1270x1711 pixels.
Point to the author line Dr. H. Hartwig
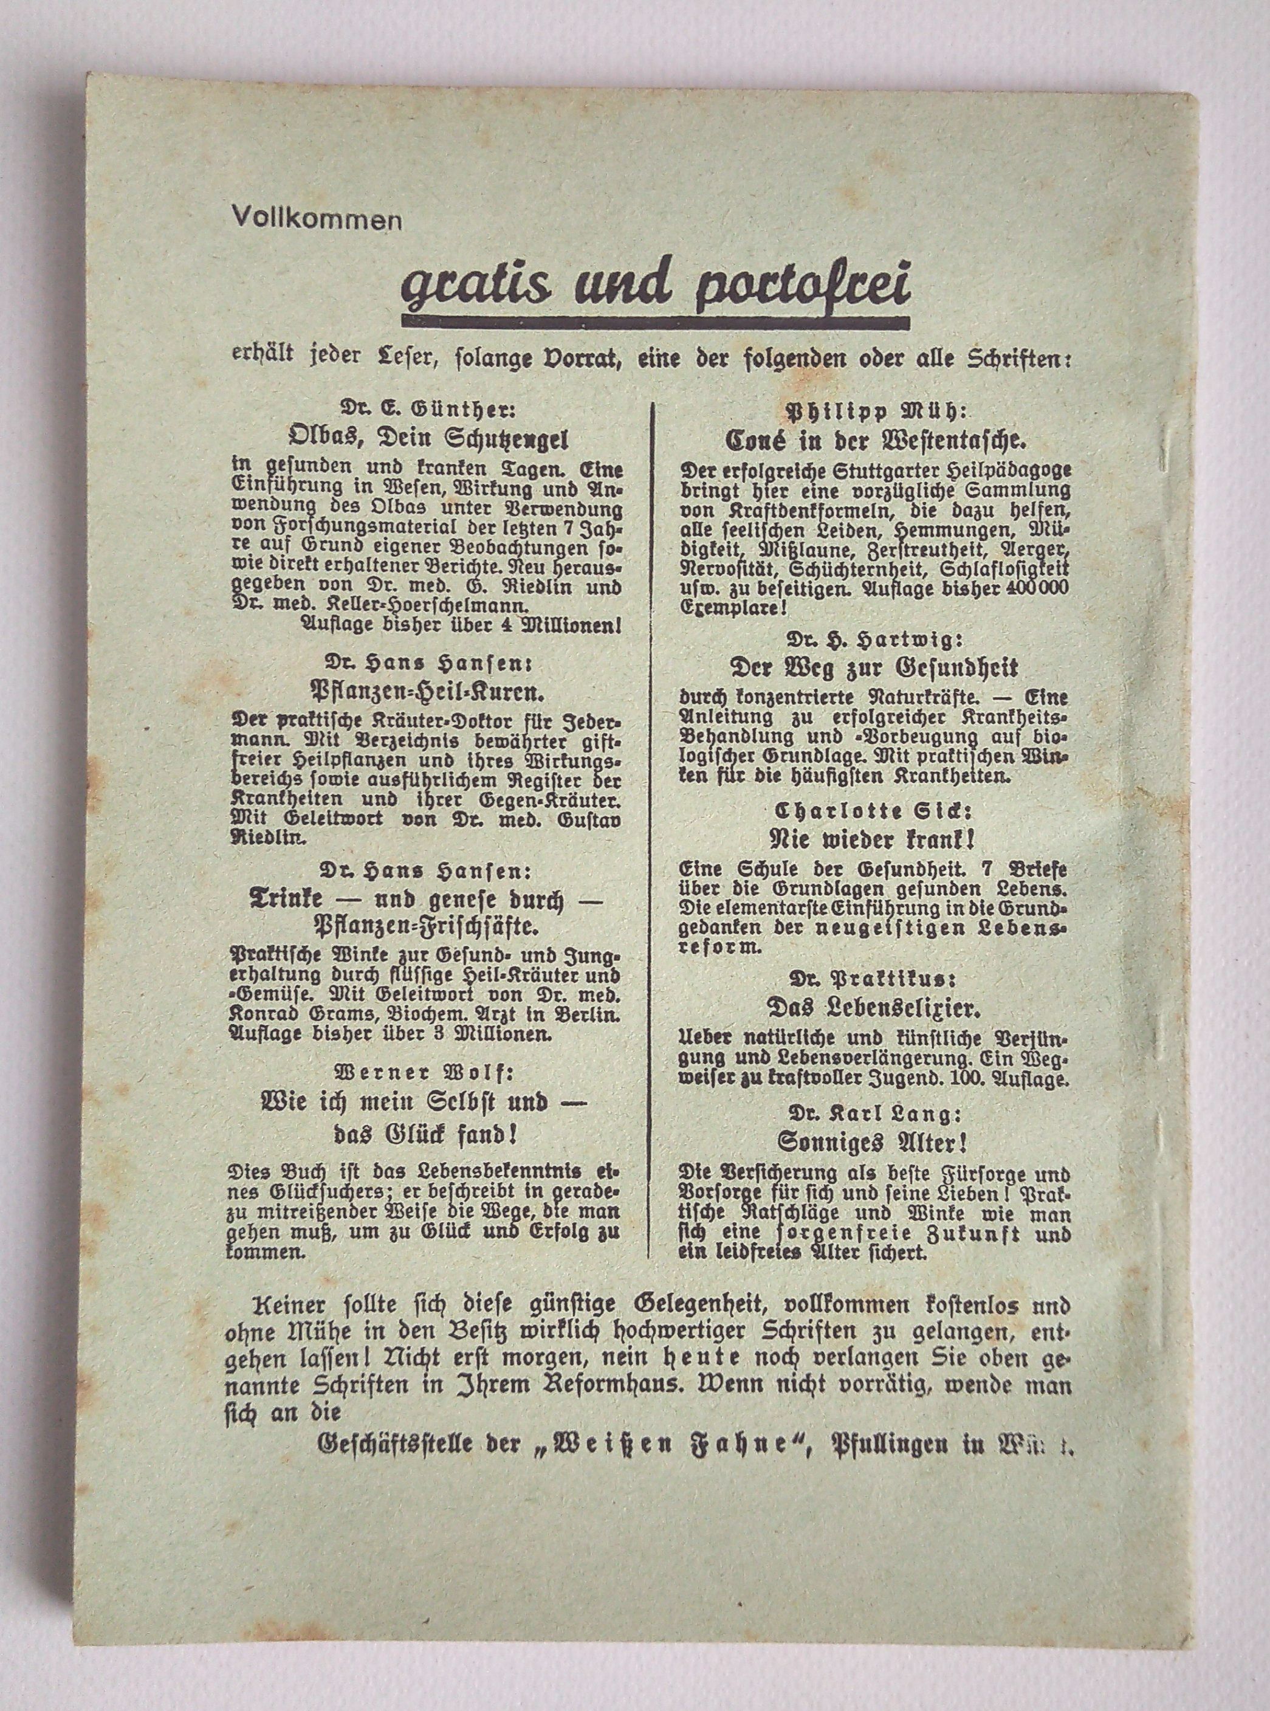[873, 638]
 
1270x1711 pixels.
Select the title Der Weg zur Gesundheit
[873, 667]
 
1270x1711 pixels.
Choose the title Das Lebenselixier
[873, 1007]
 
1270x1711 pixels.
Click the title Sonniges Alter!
[873, 1142]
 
